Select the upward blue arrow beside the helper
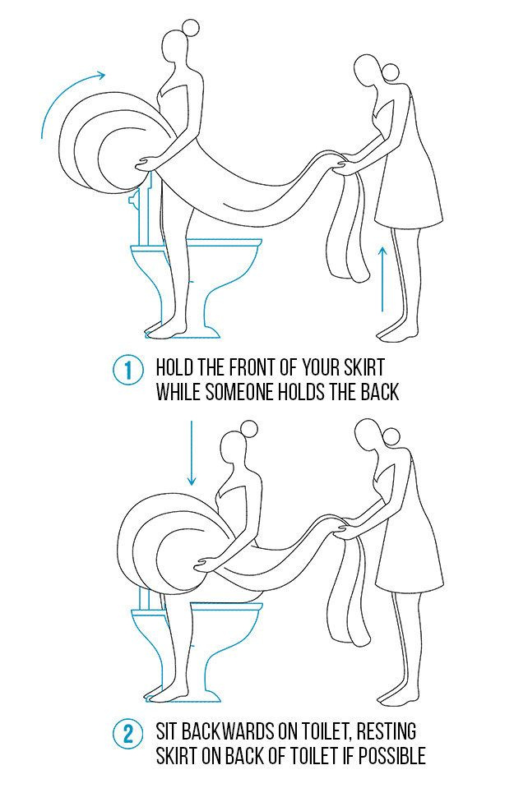tap(382, 278)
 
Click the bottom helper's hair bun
tap(391, 436)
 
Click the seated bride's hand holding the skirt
tap(206, 565)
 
